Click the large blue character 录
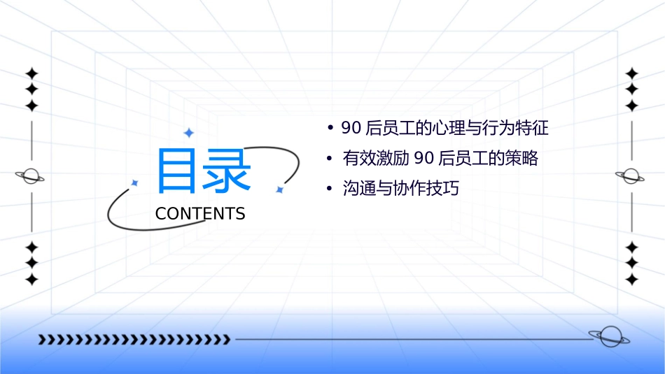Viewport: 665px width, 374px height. (227, 171)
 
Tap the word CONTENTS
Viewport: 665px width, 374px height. (200, 214)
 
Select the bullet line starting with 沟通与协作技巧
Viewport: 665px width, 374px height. (400, 188)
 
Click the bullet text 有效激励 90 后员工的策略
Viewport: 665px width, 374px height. (440, 158)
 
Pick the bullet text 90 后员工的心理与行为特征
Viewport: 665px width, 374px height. (444, 128)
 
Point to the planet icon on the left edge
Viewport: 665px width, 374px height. (30, 176)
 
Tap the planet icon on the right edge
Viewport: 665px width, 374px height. (631, 176)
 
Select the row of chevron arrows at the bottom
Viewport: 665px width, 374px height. (134, 340)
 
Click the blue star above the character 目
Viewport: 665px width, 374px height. (188, 132)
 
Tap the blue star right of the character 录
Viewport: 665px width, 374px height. (279, 189)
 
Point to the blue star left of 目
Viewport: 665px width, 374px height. (135, 182)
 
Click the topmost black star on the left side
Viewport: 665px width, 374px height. (31, 73)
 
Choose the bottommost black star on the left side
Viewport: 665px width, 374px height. (31, 279)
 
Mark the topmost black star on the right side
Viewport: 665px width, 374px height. (632, 73)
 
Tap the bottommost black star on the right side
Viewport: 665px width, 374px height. (632, 279)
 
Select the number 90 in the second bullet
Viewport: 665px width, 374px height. (424, 158)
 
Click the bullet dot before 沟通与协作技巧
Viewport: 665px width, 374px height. (329, 189)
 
